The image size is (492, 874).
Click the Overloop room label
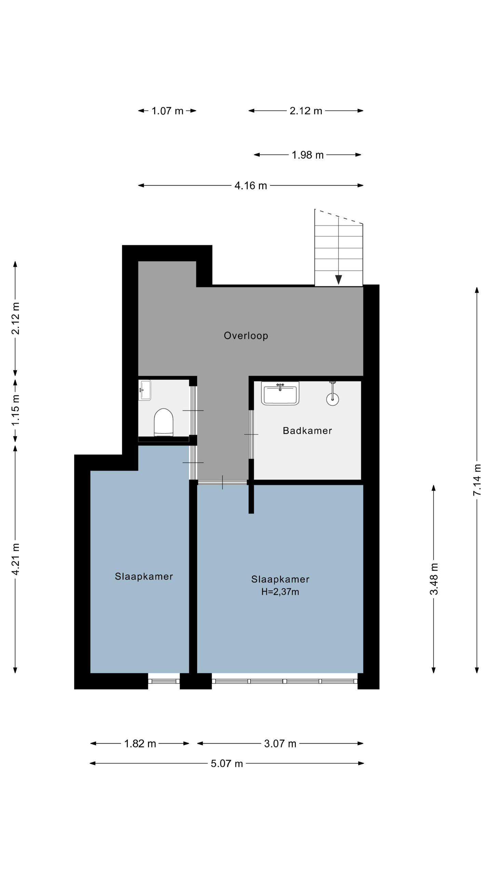point(246,336)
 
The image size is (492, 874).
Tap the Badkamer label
point(307,431)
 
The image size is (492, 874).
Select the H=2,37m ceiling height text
point(280,592)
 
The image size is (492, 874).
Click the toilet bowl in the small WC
point(163,422)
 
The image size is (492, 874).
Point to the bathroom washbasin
point(280,393)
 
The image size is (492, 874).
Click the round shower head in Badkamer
point(332,399)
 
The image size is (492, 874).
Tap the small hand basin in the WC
point(145,390)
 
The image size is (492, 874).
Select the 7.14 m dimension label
point(477,480)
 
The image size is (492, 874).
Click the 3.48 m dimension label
point(434,579)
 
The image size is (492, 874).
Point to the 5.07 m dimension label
point(227,763)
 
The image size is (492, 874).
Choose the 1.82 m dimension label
point(140,744)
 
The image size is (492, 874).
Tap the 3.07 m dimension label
point(280,744)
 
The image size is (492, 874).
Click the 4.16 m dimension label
point(251,185)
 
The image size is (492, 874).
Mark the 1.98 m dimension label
point(307,155)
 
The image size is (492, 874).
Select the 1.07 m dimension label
point(167,111)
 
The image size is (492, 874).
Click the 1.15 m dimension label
point(15,410)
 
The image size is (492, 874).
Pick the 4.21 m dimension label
point(15,559)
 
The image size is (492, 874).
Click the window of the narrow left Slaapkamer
point(164,681)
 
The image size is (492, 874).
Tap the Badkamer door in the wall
point(251,434)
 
